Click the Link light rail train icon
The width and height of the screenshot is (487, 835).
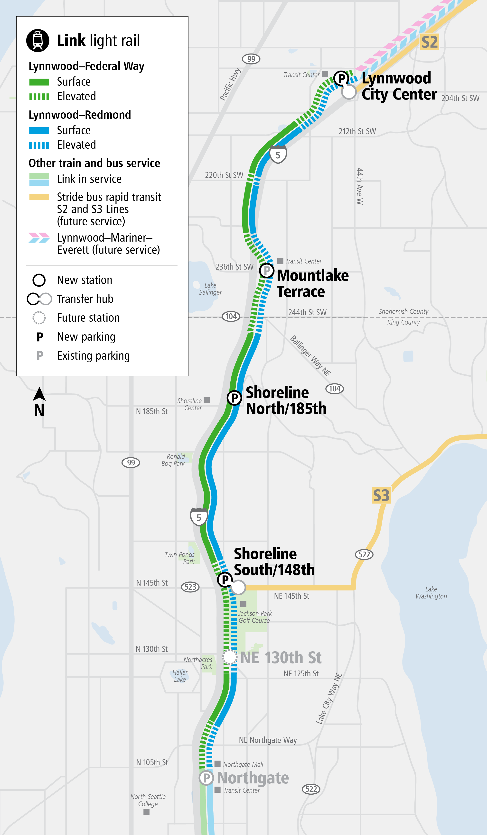tap(38, 40)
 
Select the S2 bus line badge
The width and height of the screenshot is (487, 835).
tap(429, 42)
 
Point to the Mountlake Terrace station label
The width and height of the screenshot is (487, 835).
tap(312, 283)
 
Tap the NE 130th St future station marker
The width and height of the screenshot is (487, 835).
tap(229, 657)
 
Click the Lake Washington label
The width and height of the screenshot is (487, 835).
tap(431, 592)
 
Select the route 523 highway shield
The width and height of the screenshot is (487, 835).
tap(190, 587)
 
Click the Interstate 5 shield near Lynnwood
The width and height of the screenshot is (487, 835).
tap(278, 155)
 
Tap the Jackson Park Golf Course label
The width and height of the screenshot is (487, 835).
tap(254, 617)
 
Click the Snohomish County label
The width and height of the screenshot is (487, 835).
tap(403, 311)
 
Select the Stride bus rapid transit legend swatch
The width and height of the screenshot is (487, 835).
tap(39, 197)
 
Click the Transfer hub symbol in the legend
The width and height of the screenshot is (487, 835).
tap(39, 299)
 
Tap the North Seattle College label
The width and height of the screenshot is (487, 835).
tap(148, 800)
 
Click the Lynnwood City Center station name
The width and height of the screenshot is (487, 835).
tap(399, 86)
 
